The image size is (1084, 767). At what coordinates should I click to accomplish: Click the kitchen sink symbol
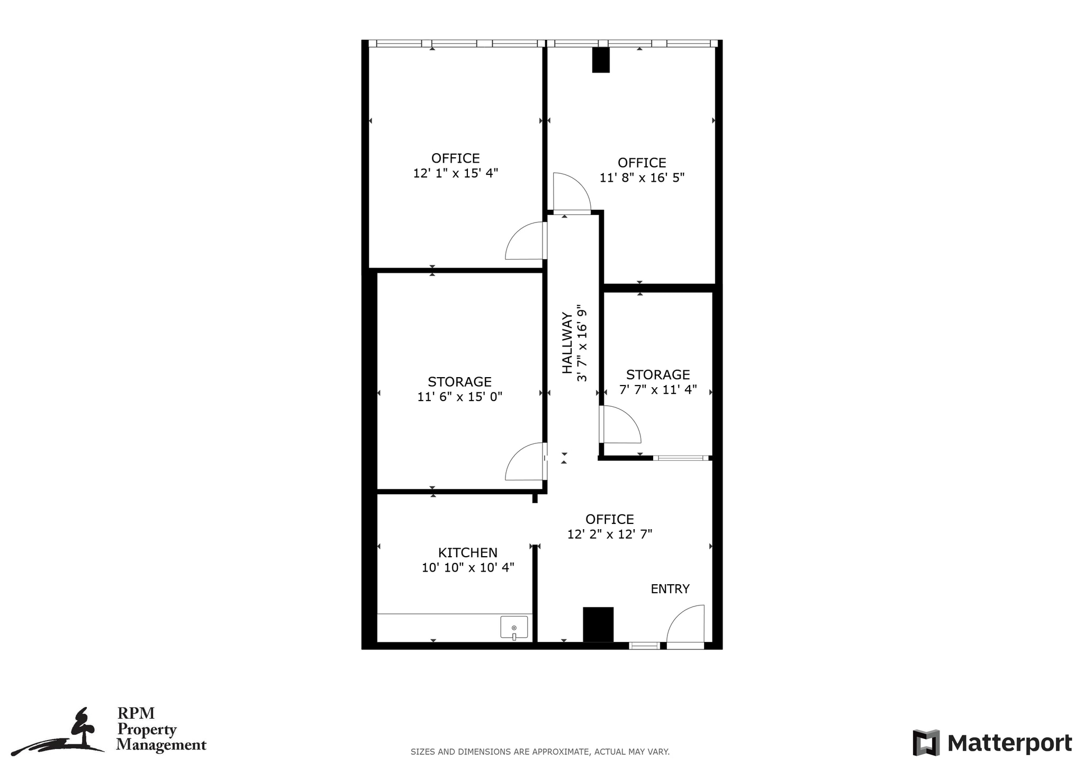(x=514, y=627)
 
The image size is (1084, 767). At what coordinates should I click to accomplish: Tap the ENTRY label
(x=670, y=589)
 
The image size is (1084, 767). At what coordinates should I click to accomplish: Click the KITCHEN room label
(x=467, y=553)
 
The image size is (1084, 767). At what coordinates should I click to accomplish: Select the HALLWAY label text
(x=567, y=343)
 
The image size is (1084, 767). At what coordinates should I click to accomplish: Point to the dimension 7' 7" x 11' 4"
(x=658, y=390)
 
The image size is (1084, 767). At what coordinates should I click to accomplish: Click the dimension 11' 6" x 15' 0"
(x=459, y=397)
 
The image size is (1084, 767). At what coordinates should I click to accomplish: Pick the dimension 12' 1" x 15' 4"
(x=455, y=173)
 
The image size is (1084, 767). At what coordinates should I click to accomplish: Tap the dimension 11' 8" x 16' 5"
(x=642, y=178)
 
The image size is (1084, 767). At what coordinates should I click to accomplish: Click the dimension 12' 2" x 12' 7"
(x=609, y=534)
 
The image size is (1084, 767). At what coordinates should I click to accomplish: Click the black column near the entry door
(x=598, y=625)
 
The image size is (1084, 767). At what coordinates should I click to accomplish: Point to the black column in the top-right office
(x=601, y=60)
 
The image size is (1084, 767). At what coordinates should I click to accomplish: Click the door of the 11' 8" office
(x=572, y=192)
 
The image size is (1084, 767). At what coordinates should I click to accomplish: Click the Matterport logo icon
(x=926, y=743)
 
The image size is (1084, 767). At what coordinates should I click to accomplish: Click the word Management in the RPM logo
(x=161, y=745)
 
